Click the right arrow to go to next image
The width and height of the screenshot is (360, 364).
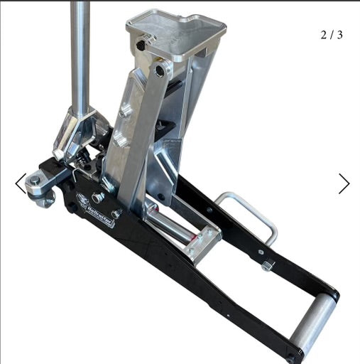point(344,183)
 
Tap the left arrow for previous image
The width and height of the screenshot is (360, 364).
point(21,183)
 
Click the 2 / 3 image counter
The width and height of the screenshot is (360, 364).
point(332,34)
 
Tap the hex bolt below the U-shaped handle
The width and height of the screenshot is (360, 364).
point(268,265)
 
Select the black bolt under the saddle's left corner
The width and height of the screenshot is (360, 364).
point(141,45)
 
